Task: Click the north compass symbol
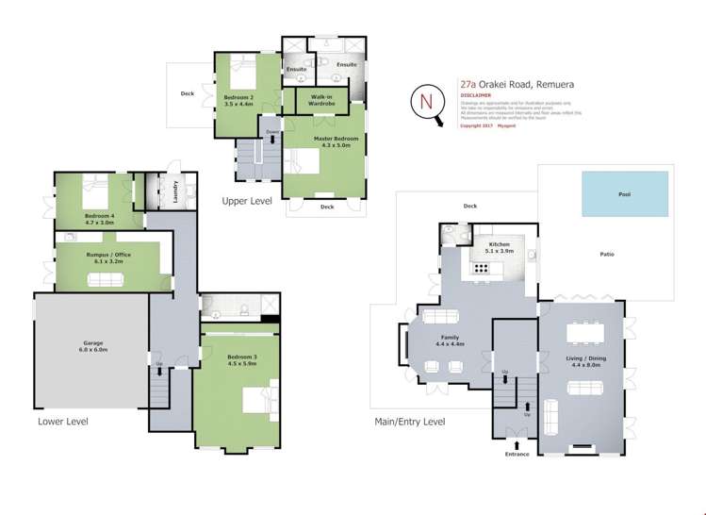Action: coord(427,101)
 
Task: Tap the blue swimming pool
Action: coord(624,193)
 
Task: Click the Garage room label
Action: coord(92,346)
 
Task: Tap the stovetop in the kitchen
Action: coord(482,268)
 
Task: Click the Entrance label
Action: coord(517,454)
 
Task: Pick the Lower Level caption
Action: coord(63,422)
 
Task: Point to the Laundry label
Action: coord(175,191)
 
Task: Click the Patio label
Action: coord(608,254)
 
